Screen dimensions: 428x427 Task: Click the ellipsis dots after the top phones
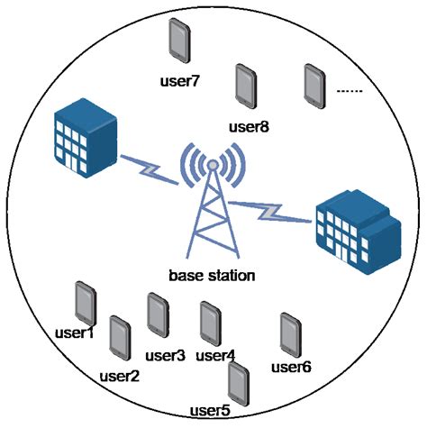pyautogui.click(x=349, y=90)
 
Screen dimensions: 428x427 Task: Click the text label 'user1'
pyautogui.click(x=74, y=334)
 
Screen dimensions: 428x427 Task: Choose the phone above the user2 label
pyautogui.click(x=119, y=337)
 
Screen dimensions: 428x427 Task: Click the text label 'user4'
pyautogui.click(x=215, y=355)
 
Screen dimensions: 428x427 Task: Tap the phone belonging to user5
pyautogui.click(x=238, y=382)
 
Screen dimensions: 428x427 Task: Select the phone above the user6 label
pyautogui.click(x=290, y=333)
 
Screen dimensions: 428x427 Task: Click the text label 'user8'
pyautogui.click(x=249, y=126)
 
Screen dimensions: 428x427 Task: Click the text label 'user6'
pyautogui.click(x=291, y=366)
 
